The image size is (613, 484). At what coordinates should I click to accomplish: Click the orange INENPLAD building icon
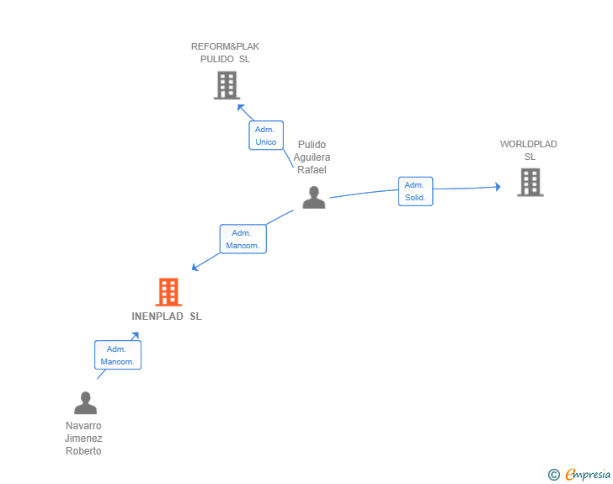click(168, 291)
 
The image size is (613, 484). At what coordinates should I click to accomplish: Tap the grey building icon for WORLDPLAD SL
click(530, 182)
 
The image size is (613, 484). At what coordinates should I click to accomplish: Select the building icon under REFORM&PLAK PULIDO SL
click(227, 85)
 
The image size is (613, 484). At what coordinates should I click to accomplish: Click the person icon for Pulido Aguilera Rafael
click(313, 198)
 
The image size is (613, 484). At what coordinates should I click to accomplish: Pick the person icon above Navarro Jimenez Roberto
click(85, 402)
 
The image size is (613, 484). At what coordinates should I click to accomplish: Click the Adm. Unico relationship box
click(266, 136)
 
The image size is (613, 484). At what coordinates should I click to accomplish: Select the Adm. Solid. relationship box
click(416, 191)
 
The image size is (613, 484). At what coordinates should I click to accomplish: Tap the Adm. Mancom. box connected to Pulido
click(243, 239)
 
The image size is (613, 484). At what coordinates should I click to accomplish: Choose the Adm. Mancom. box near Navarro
click(118, 355)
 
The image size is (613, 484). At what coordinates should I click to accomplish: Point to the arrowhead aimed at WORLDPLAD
click(498, 187)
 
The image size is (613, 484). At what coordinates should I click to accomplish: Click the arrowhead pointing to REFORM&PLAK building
click(241, 108)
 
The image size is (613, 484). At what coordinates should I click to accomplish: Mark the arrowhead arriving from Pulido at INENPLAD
click(195, 267)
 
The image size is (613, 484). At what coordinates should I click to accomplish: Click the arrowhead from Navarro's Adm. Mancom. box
click(136, 336)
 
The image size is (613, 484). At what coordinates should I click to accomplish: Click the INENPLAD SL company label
click(167, 316)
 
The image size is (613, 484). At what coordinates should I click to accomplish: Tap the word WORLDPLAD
click(528, 144)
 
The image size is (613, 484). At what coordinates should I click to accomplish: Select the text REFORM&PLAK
click(225, 46)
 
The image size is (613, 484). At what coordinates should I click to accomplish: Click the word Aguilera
click(312, 157)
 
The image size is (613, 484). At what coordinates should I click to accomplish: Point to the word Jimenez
click(83, 439)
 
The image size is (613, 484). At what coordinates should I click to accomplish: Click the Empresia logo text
click(588, 474)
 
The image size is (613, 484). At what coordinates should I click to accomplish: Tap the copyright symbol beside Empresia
click(554, 475)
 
